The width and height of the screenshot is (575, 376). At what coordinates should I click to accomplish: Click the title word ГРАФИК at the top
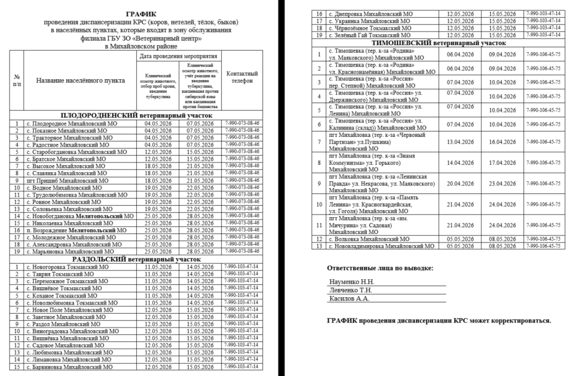[141, 14]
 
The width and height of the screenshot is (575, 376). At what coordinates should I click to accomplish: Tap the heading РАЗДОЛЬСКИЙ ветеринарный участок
[137, 260]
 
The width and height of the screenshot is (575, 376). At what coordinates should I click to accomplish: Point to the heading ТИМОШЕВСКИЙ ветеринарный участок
[439, 43]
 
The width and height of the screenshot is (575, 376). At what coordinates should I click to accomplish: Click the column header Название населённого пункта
[80, 81]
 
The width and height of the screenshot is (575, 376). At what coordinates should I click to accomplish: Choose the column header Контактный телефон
[242, 77]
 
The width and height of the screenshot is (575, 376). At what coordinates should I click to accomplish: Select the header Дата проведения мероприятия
[178, 57]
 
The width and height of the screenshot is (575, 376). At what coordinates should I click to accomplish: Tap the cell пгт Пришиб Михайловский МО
[67, 180]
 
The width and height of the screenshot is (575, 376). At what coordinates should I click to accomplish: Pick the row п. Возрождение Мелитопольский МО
[76, 230]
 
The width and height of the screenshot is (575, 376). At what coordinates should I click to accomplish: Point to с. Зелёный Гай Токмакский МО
[369, 35]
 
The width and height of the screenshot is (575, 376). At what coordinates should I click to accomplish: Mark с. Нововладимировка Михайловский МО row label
[381, 246]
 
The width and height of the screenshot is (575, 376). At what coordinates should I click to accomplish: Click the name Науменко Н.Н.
[352, 282]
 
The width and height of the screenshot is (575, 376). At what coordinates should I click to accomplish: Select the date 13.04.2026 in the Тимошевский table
[460, 142]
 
